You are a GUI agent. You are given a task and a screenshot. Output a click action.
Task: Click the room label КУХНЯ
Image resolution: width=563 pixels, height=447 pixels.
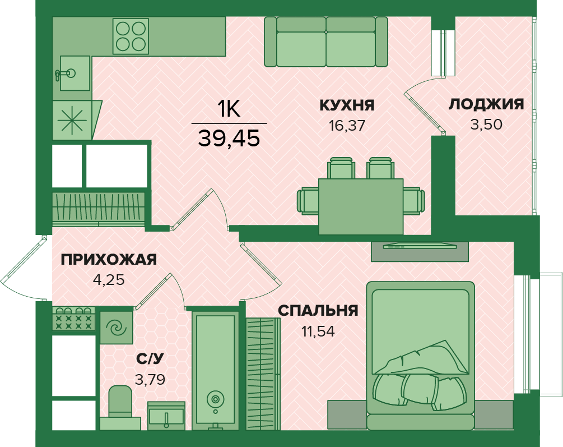pos(347,105)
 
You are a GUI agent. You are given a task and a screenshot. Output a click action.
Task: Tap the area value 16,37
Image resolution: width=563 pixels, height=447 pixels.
pos(347,125)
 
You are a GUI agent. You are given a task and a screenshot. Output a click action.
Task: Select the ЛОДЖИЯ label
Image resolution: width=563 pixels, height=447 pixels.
pos(486,104)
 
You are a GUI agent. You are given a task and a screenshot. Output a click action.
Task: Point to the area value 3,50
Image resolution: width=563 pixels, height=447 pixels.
pos(486,125)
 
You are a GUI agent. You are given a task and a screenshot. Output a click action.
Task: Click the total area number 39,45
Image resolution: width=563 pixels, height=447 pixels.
pos(229,138)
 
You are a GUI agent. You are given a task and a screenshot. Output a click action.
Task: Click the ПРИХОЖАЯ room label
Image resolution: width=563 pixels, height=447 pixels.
pos(109,259)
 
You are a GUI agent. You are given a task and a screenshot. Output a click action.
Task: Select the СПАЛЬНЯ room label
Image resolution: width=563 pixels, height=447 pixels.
pos(318,311)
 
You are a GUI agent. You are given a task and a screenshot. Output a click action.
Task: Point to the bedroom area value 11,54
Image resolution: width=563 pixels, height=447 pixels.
pos(318,331)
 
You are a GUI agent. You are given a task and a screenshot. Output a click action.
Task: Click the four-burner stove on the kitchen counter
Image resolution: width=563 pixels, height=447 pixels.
pos(131,36)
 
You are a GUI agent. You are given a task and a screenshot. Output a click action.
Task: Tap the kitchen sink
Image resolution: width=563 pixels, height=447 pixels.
pos(74,73)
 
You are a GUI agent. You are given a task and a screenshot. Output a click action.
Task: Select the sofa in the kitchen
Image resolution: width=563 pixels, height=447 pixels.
pos(326,42)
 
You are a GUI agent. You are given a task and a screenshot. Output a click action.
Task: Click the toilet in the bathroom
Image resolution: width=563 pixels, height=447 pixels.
pos(120,407)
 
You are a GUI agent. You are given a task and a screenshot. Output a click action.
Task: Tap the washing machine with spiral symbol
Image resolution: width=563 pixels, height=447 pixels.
pos(117,327)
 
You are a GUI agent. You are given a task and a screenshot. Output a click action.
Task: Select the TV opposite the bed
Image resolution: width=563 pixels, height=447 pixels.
pos(420,246)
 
